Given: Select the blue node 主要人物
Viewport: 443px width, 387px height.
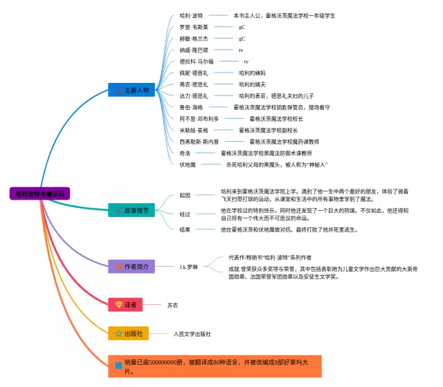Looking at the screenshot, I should pos(132,90).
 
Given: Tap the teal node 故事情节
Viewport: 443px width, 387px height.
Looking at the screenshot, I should pos(132,209).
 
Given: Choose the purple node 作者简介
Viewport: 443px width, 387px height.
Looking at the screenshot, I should pos(131,266).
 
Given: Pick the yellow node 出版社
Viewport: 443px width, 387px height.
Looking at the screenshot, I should pos(128,333).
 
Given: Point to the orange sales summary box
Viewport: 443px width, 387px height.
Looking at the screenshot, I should pos(215,366).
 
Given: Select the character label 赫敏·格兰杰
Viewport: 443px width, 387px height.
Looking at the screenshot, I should pos(193,39).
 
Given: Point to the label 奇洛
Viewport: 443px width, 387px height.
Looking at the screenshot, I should pos(184,153).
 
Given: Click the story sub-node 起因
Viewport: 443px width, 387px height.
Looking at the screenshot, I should pos(184,195).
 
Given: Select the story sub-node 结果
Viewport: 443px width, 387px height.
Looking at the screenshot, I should pos(184,229).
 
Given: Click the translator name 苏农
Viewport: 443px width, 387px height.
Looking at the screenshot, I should pos(173,304).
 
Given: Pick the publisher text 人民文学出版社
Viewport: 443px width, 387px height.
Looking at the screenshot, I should pos(192,334).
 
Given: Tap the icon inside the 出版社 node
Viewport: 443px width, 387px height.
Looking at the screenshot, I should pos(119,334).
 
